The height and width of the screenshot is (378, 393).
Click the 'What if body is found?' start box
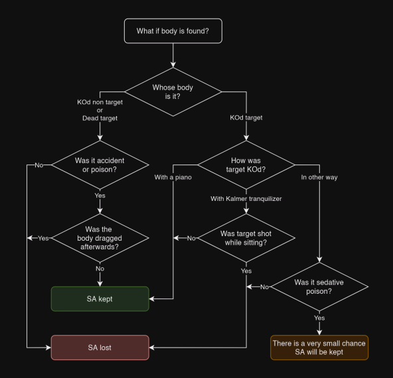[173, 31]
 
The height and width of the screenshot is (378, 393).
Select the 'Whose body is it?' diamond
[173, 92]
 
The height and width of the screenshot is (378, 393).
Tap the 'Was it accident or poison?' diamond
[100, 165]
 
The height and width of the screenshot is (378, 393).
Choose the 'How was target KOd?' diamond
[246, 165]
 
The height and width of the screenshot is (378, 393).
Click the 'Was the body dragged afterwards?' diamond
[100, 238]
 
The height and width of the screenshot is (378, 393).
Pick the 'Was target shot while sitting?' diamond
[246, 238]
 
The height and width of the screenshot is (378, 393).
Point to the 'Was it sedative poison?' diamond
[319, 287]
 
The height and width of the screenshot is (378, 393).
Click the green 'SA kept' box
[100, 299]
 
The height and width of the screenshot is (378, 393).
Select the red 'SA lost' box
[100, 347]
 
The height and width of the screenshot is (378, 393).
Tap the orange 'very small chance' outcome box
[319, 347]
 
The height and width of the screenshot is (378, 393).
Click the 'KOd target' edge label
[246, 117]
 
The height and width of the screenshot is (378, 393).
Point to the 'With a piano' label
[173, 177]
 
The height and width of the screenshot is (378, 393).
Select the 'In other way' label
[319, 177]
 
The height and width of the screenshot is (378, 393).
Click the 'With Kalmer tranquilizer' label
[246, 199]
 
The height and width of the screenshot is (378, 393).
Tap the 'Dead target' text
[100, 118]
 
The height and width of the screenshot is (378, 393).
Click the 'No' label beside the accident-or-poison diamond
[39, 165]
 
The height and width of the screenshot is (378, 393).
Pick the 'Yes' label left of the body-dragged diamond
[43, 238]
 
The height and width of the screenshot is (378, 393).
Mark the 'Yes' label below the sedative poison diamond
[319, 318]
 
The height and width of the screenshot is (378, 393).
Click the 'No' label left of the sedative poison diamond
[264, 287]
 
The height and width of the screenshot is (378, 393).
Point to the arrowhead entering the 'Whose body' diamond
[173, 65]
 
